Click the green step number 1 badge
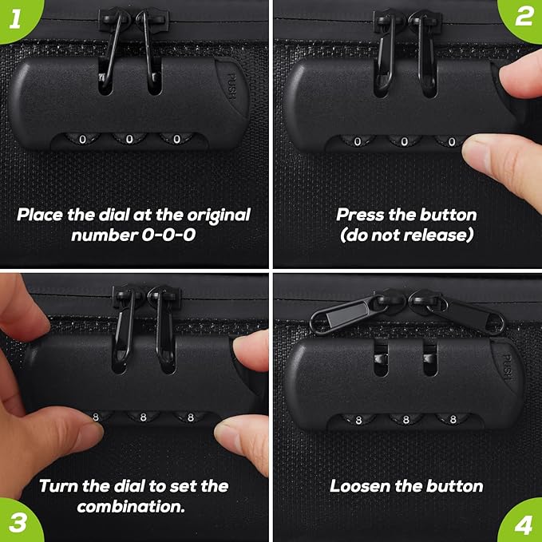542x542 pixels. point(18,18)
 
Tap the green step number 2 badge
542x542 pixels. point(523,18)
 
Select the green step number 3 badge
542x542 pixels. point(18,521)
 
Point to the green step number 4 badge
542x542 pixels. point(523,522)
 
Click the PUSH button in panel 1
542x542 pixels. point(231,86)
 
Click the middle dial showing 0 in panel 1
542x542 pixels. point(129,139)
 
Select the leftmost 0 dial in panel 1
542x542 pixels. point(82,139)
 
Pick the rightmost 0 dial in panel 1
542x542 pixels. point(176,139)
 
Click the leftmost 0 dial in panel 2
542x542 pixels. point(358,141)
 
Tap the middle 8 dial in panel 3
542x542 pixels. point(143,417)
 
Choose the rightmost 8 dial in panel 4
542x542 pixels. point(453,419)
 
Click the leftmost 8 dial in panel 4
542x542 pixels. point(358,420)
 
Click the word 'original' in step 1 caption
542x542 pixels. point(219,216)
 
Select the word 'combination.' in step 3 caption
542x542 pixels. point(131,507)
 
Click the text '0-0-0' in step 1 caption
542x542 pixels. point(168,235)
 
